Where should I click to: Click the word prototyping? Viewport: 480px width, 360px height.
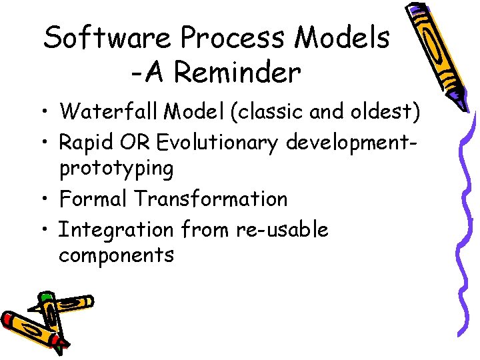116,169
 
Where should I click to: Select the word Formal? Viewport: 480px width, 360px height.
93,199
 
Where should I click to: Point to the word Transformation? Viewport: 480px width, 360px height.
210,199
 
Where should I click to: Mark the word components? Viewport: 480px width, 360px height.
116,255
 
